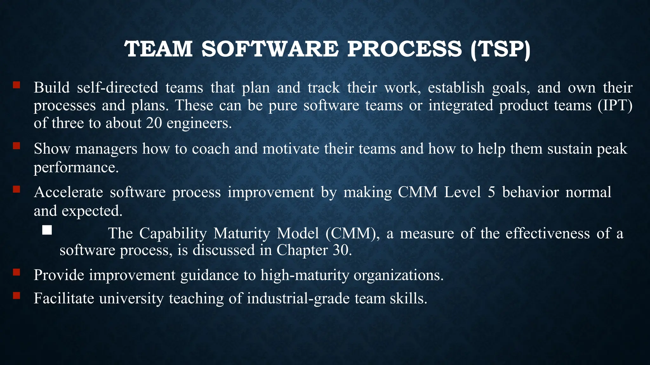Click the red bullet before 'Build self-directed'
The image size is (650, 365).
[x=17, y=85]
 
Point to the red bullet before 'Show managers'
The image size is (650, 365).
[x=17, y=146]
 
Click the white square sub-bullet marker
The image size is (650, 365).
[x=47, y=230]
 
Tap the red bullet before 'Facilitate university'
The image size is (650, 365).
[x=17, y=296]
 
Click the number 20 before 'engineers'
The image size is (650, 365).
[x=154, y=123]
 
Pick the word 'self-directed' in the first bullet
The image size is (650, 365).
[x=117, y=87]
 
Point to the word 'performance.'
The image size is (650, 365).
[x=76, y=167]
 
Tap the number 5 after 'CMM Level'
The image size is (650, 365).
[x=491, y=192]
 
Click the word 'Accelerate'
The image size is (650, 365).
[x=68, y=192]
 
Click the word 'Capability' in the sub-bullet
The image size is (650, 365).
[x=173, y=233]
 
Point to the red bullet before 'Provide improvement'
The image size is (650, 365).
[x=17, y=272]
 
